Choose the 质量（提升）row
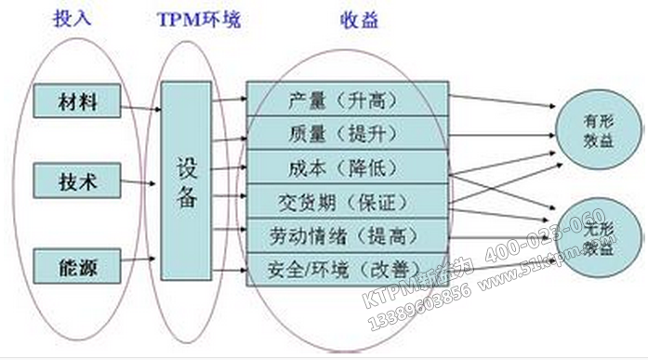coord(347,133)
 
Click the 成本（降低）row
coord(347,167)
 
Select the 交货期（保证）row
coord(347,201)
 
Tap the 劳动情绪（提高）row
coord(347,234)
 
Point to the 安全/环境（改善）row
coord(347,268)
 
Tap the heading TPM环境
coord(198,19)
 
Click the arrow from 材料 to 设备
coord(141,108)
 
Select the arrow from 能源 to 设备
coord(141,265)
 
